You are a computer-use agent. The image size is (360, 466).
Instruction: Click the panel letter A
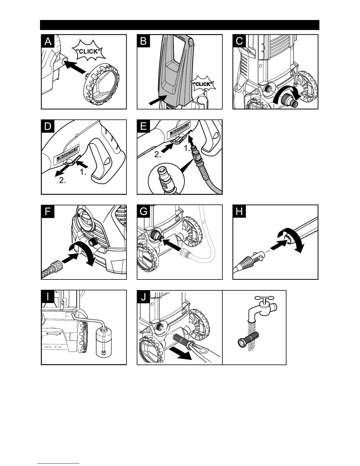click(48, 41)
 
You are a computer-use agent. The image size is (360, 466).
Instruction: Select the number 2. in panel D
click(62, 181)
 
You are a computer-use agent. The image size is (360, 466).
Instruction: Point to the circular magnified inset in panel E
click(165, 179)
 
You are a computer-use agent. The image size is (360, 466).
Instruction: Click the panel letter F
click(48, 212)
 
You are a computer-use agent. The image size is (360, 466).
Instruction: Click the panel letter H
click(239, 212)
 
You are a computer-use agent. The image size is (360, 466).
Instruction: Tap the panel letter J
click(144, 297)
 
